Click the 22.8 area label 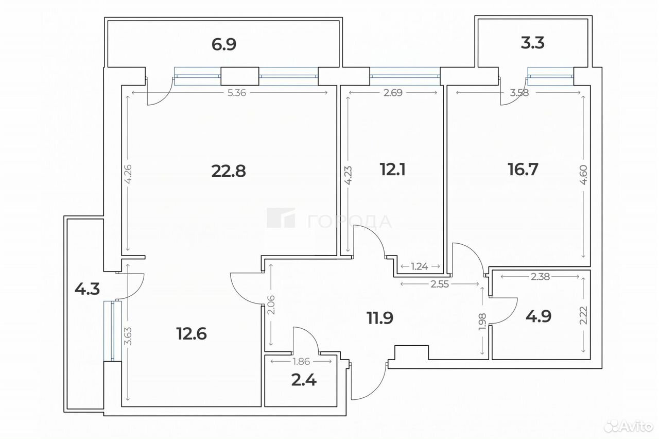tap(229, 171)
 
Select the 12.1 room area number tap(392, 170)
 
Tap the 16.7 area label tap(523, 170)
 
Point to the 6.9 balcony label tap(224, 44)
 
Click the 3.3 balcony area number tap(532, 43)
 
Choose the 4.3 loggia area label tap(87, 289)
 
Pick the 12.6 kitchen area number tap(192, 333)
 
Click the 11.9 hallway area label tap(380, 318)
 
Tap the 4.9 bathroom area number tap(539, 316)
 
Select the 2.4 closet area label tap(304, 380)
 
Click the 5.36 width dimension tap(237, 93)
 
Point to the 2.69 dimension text tap(393, 93)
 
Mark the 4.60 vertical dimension tap(583, 175)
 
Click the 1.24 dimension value tap(419, 266)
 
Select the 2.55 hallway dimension tap(440, 284)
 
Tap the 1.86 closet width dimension tap(302, 361)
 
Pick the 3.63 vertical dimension tap(128, 336)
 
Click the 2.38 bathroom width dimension tap(541, 277)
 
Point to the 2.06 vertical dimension tap(271, 305)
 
